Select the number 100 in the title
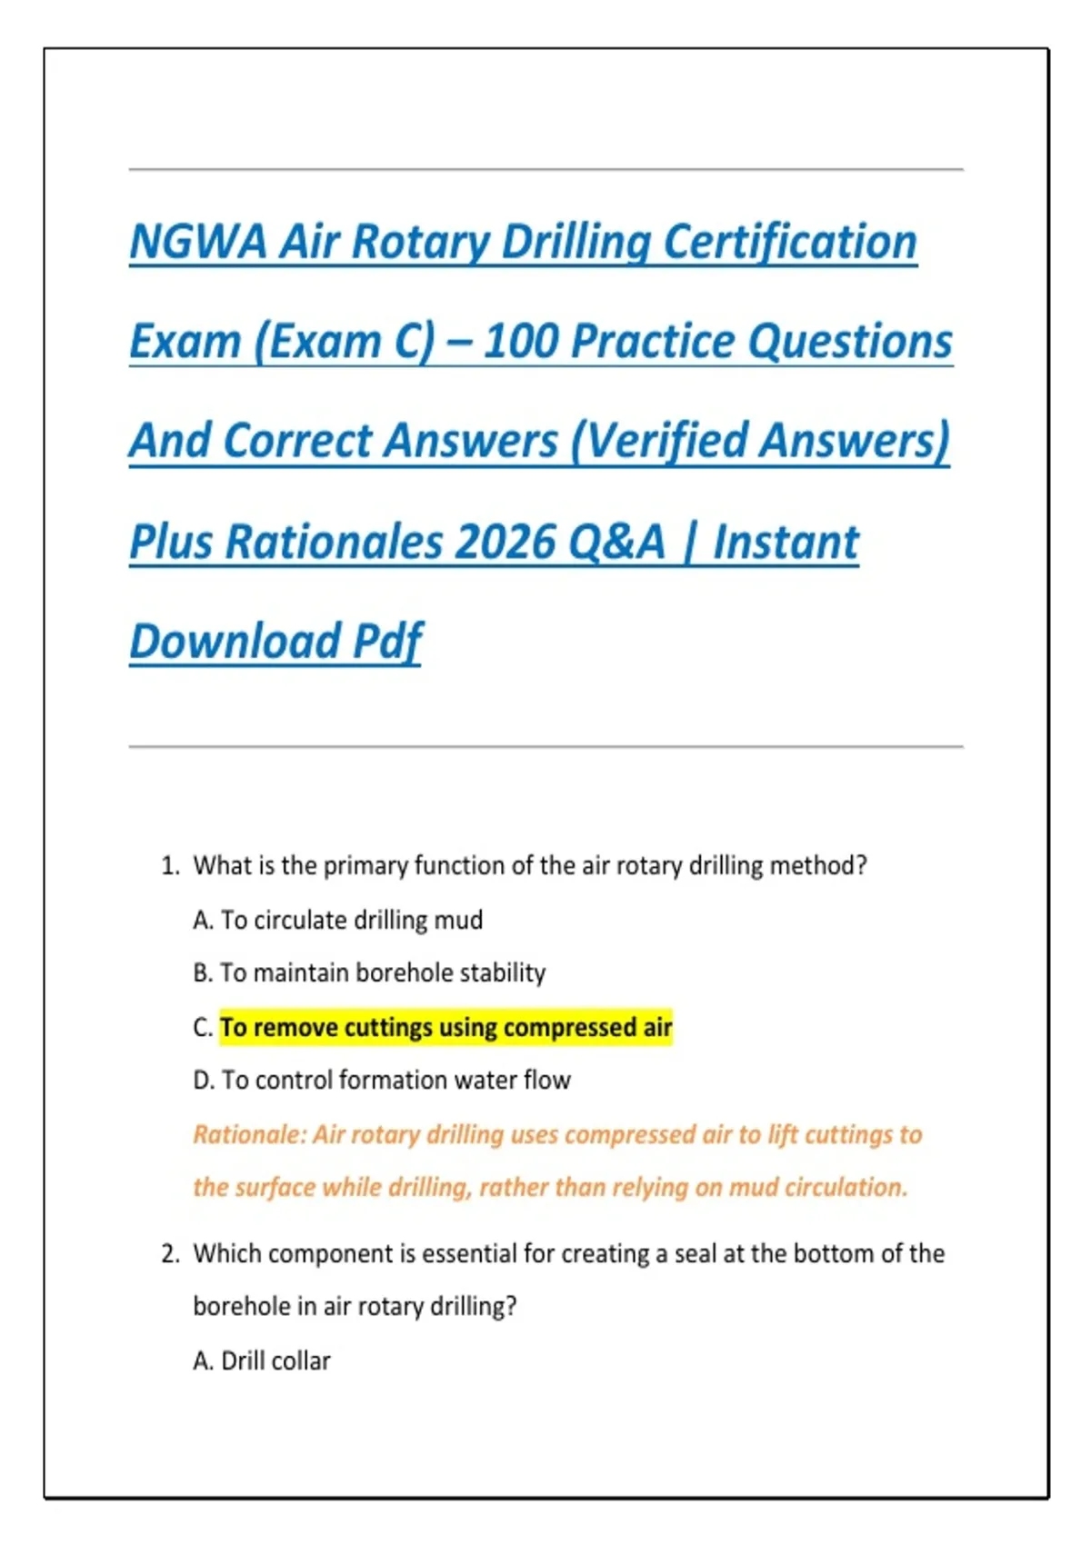(x=520, y=343)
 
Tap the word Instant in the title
(x=786, y=543)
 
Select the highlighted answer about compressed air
(x=445, y=1028)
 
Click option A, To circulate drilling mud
(x=338, y=921)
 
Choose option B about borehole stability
(x=369, y=973)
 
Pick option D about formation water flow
(x=382, y=1081)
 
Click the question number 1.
(x=170, y=866)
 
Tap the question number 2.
(x=170, y=1254)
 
